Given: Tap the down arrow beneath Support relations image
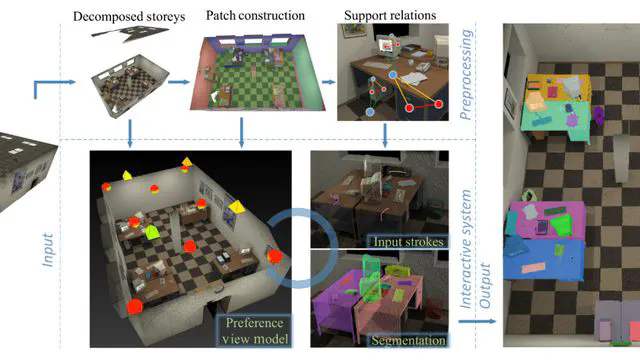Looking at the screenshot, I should [384, 134].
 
